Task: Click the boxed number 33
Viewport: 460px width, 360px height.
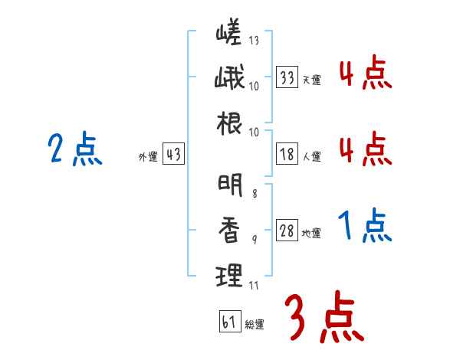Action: [287, 77]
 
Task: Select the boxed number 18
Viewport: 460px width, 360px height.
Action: [287, 155]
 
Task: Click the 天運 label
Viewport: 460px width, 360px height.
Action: [312, 79]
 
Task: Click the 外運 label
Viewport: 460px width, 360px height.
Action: [147, 157]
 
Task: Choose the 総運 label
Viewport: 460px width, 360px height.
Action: [255, 325]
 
